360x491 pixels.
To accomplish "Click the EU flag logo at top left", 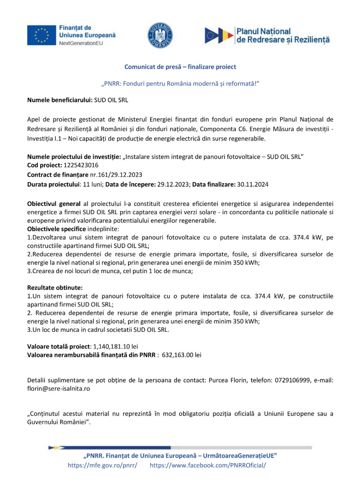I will click(x=41, y=35).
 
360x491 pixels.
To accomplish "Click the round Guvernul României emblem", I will click(x=160, y=35).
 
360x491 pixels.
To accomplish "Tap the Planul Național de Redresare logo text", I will click(x=282, y=36).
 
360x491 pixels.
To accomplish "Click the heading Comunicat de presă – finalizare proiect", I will click(x=180, y=67).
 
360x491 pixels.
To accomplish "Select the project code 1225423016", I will click(x=81, y=165).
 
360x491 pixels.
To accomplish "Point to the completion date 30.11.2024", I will click(x=253, y=184).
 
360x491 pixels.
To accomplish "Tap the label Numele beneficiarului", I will click(x=60, y=100).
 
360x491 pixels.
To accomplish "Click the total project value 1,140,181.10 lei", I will click(x=116, y=347).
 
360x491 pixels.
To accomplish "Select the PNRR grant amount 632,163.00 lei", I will click(x=182, y=355).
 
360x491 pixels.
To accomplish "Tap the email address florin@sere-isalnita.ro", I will click(x=59, y=389).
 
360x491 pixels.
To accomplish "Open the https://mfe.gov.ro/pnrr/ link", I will click(x=102, y=465).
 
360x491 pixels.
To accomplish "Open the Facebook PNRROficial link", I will click(x=208, y=465).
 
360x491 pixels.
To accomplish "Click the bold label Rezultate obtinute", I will click(x=55, y=288).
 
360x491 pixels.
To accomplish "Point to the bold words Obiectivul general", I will click(x=54, y=204).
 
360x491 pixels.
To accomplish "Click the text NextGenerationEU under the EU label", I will click(x=81, y=43).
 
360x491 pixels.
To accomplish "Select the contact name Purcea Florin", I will click(x=228, y=380).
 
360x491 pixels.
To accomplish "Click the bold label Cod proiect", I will click(x=44, y=165).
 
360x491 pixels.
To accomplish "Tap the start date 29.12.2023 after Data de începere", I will click(x=174, y=184).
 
